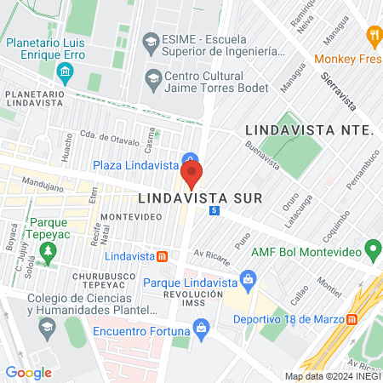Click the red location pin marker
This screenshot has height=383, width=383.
pos(191,175)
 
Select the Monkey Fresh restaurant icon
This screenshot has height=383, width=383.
pos(373,36)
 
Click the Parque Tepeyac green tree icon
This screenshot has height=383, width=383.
pos(49,252)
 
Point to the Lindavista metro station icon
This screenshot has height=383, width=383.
pos(163,255)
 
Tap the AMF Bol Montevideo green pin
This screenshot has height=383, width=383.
pos(372,250)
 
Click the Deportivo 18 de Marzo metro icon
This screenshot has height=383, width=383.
pos(352,319)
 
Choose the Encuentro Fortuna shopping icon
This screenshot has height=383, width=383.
pos(201,326)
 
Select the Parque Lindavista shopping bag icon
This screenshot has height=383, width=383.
pos(248,279)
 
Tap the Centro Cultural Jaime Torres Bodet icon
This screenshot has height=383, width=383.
pos(153,78)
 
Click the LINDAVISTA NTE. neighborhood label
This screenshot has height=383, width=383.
pos(309,130)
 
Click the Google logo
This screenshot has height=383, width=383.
pos(29,371)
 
